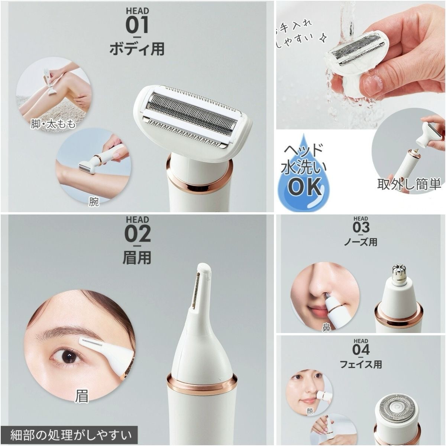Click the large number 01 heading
(137, 25)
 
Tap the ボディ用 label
(137, 49)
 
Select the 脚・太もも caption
(53, 124)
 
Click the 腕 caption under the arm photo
(94, 202)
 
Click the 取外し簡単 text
(409, 184)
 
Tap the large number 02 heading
(137, 234)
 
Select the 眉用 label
(137, 257)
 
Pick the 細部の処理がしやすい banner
(71, 434)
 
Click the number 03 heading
(361, 227)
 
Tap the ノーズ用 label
(361, 242)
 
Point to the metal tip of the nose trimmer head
(398, 273)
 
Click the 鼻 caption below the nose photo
(326, 328)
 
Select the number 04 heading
(361, 350)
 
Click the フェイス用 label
(361, 365)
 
